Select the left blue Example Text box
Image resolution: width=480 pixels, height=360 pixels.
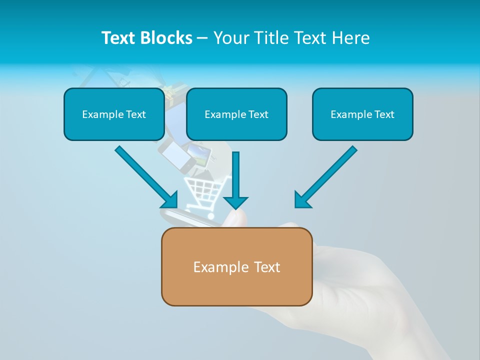coord(114,114)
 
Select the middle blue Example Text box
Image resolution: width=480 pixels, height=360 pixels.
coord(236,114)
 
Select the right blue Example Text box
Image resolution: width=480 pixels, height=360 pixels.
coord(362,114)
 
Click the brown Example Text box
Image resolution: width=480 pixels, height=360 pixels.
coord(236,266)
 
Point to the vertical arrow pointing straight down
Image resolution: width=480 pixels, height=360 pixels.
coord(235,175)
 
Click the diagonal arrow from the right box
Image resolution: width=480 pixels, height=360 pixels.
coord(330,172)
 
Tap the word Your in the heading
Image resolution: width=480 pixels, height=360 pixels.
coord(230,38)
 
